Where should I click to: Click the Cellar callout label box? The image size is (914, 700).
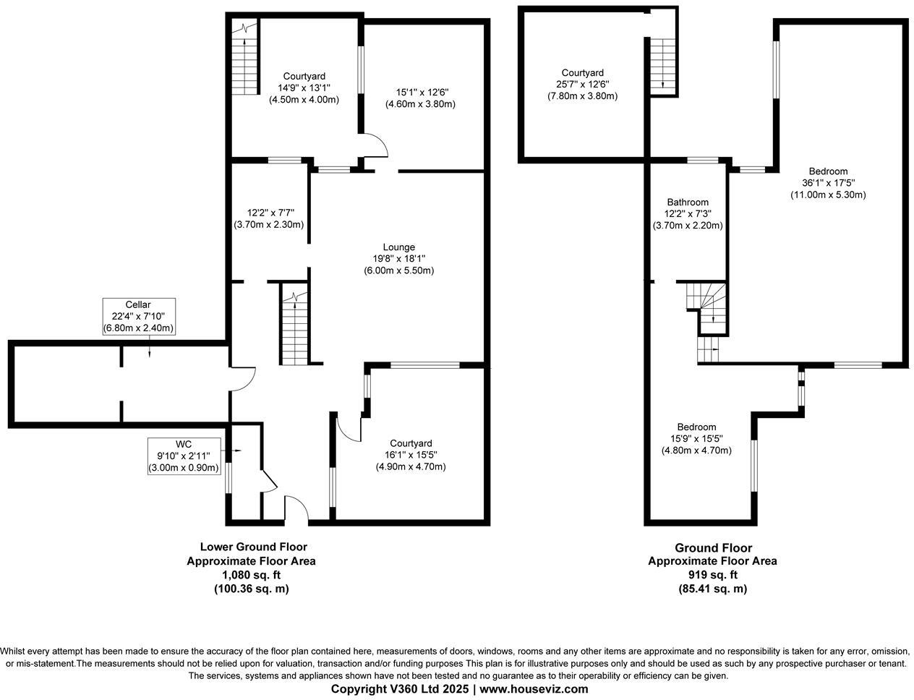[138, 316]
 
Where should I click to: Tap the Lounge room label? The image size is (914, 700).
[398, 259]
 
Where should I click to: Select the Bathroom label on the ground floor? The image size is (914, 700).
[687, 214]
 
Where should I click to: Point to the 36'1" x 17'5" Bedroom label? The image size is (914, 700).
[828, 183]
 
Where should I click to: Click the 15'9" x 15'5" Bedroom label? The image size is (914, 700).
[696, 439]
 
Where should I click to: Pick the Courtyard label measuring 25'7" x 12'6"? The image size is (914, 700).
[582, 84]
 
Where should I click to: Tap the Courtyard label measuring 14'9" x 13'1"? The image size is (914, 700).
[304, 87]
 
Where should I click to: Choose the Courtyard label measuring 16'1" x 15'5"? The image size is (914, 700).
[410, 455]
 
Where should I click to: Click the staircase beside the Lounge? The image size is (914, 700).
[294, 329]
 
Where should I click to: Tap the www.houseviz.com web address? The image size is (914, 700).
[534, 688]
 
